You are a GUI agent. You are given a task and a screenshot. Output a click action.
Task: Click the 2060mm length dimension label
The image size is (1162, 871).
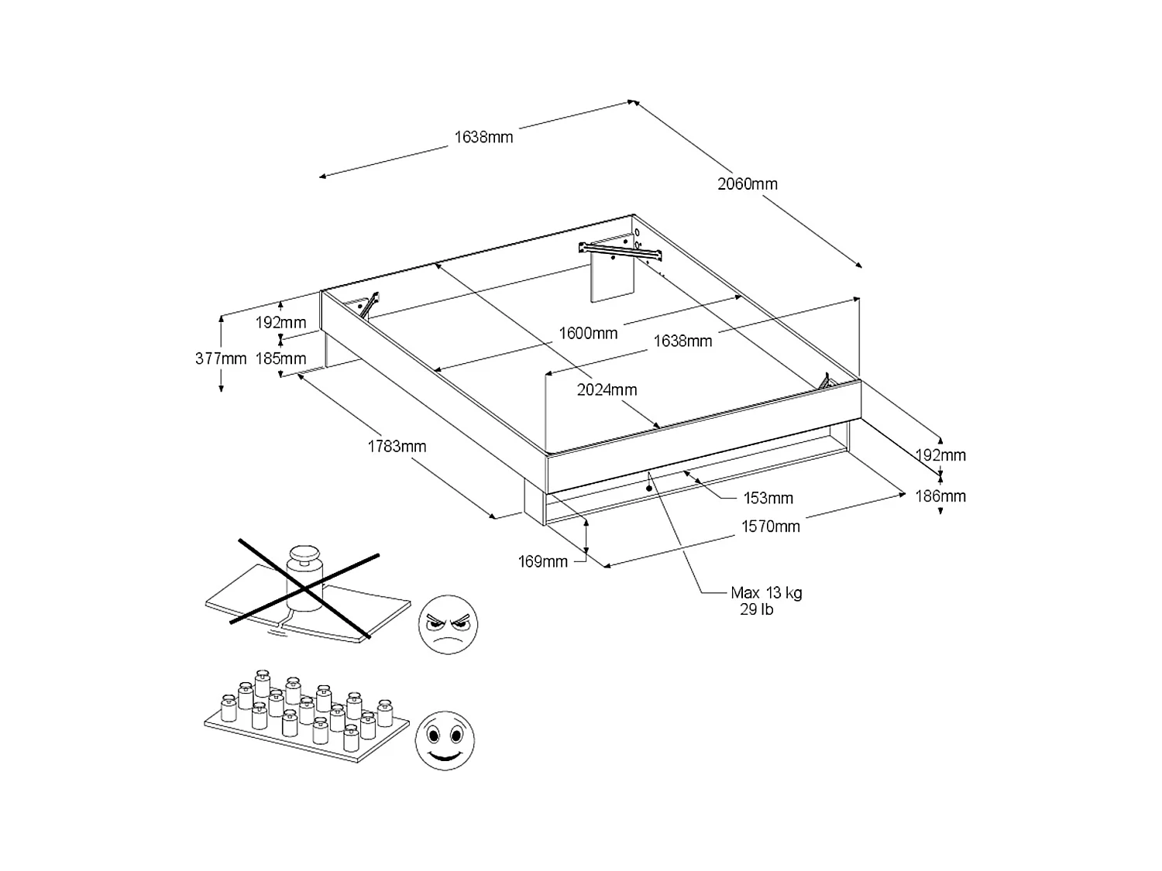(x=747, y=184)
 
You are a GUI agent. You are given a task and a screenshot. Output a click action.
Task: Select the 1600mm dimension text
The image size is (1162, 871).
(x=588, y=334)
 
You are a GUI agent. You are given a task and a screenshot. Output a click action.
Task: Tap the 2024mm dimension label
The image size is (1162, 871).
(x=607, y=390)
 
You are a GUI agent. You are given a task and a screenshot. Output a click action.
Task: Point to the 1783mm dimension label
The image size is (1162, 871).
(x=397, y=447)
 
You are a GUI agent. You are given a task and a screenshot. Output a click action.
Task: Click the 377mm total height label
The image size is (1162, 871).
(x=221, y=358)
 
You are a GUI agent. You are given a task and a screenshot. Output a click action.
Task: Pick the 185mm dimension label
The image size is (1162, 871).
(x=281, y=358)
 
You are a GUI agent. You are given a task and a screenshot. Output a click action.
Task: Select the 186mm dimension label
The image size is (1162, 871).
(x=940, y=496)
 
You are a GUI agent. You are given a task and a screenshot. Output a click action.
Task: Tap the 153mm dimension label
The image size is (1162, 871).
(x=768, y=499)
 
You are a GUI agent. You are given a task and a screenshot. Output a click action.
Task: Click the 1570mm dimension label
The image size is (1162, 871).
(x=770, y=526)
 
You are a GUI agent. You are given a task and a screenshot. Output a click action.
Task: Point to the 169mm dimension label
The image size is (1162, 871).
(x=543, y=562)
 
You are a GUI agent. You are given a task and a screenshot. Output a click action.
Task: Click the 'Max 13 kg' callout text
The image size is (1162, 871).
(x=766, y=593)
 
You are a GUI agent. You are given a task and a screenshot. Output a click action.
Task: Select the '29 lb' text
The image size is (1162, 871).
(x=757, y=610)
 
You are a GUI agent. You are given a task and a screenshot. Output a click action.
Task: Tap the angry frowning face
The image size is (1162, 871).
(x=448, y=625)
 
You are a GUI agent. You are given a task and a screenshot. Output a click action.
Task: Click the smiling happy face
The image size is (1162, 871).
(x=444, y=740)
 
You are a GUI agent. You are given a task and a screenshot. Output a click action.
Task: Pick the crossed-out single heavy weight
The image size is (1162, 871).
(x=304, y=573)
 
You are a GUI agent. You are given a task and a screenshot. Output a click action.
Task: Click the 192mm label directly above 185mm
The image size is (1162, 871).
(x=281, y=323)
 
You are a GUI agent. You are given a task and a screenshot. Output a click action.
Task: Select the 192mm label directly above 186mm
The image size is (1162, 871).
(x=940, y=455)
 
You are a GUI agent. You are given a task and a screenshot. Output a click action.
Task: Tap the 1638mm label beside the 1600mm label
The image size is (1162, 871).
(x=682, y=341)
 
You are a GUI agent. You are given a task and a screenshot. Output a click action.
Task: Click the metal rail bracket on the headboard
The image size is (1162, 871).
(x=621, y=249)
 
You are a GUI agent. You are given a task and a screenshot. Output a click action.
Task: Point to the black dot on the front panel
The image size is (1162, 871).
(x=648, y=489)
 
